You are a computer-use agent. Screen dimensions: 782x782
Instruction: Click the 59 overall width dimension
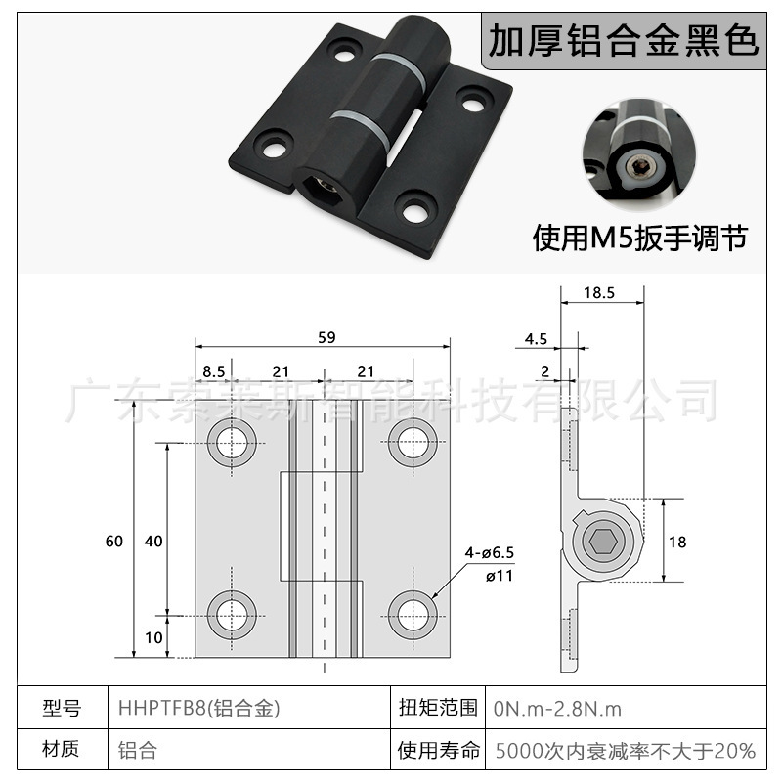326,338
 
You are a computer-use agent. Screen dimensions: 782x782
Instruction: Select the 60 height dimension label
115,541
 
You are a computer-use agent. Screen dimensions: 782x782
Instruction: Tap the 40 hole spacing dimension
152,541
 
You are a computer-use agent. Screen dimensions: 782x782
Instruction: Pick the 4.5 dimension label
536,339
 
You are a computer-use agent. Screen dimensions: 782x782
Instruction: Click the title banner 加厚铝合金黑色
623,41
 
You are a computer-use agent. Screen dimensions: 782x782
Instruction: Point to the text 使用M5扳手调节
639,238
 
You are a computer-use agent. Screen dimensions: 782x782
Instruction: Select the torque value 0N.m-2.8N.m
558,708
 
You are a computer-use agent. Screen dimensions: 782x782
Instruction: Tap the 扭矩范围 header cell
438,708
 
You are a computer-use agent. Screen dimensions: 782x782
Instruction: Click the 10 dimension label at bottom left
153,637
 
